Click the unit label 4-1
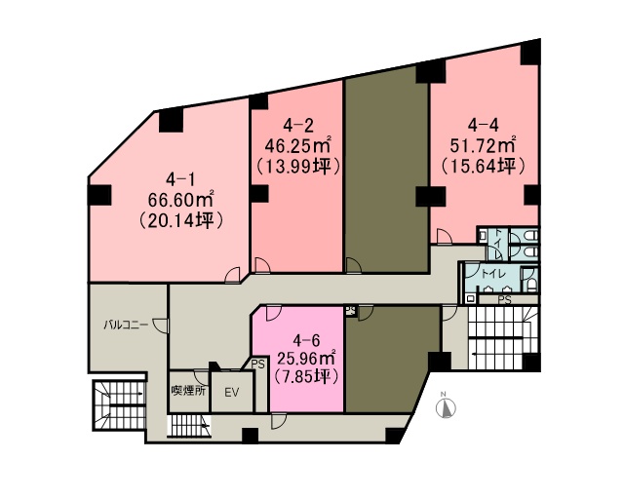(179, 180)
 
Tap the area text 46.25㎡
(298, 146)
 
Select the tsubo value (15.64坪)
(483, 167)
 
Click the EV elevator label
(231, 393)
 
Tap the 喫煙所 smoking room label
(188, 391)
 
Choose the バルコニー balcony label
(126, 325)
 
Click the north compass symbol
(446, 406)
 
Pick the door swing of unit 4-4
(445, 236)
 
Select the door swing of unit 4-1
(233, 275)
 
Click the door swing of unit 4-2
(262, 265)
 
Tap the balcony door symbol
(161, 326)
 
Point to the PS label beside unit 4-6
(257, 365)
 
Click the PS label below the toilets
(504, 300)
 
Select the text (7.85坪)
(306, 376)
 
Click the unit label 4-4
(483, 126)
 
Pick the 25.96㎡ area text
(306, 360)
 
